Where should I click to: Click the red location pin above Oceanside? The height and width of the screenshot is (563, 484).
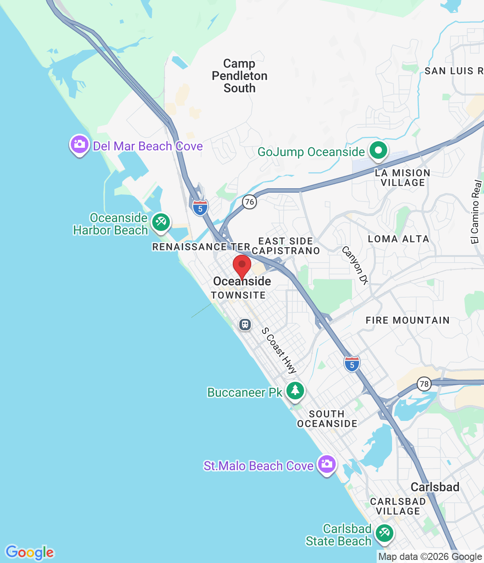(x=242, y=266)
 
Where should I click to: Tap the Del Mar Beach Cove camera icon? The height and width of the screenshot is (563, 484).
(x=80, y=144)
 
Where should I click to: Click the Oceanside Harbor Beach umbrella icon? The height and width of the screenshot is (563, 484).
(x=161, y=222)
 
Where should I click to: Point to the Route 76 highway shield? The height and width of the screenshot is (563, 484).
(x=249, y=202)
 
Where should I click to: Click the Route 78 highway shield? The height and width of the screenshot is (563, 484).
(x=424, y=384)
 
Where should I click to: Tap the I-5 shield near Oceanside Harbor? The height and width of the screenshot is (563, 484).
(x=200, y=208)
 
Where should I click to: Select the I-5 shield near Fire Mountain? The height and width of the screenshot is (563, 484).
(x=352, y=364)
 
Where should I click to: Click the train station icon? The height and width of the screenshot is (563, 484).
(x=245, y=325)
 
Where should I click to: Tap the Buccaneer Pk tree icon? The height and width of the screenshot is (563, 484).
(x=295, y=391)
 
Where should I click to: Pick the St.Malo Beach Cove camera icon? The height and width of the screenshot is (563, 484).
(x=326, y=464)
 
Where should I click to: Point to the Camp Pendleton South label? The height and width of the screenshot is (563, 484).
(x=239, y=76)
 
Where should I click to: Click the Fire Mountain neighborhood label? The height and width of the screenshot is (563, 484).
(x=407, y=320)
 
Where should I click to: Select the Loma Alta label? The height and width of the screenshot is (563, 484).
(x=398, y=239)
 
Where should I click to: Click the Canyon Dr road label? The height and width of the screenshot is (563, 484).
(x=355, y=265)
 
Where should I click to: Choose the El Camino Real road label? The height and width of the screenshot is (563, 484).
(x=476, y=212)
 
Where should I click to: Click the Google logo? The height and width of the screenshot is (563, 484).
(x=30, y=552)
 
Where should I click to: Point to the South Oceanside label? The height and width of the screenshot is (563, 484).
(x=327, y=419)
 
